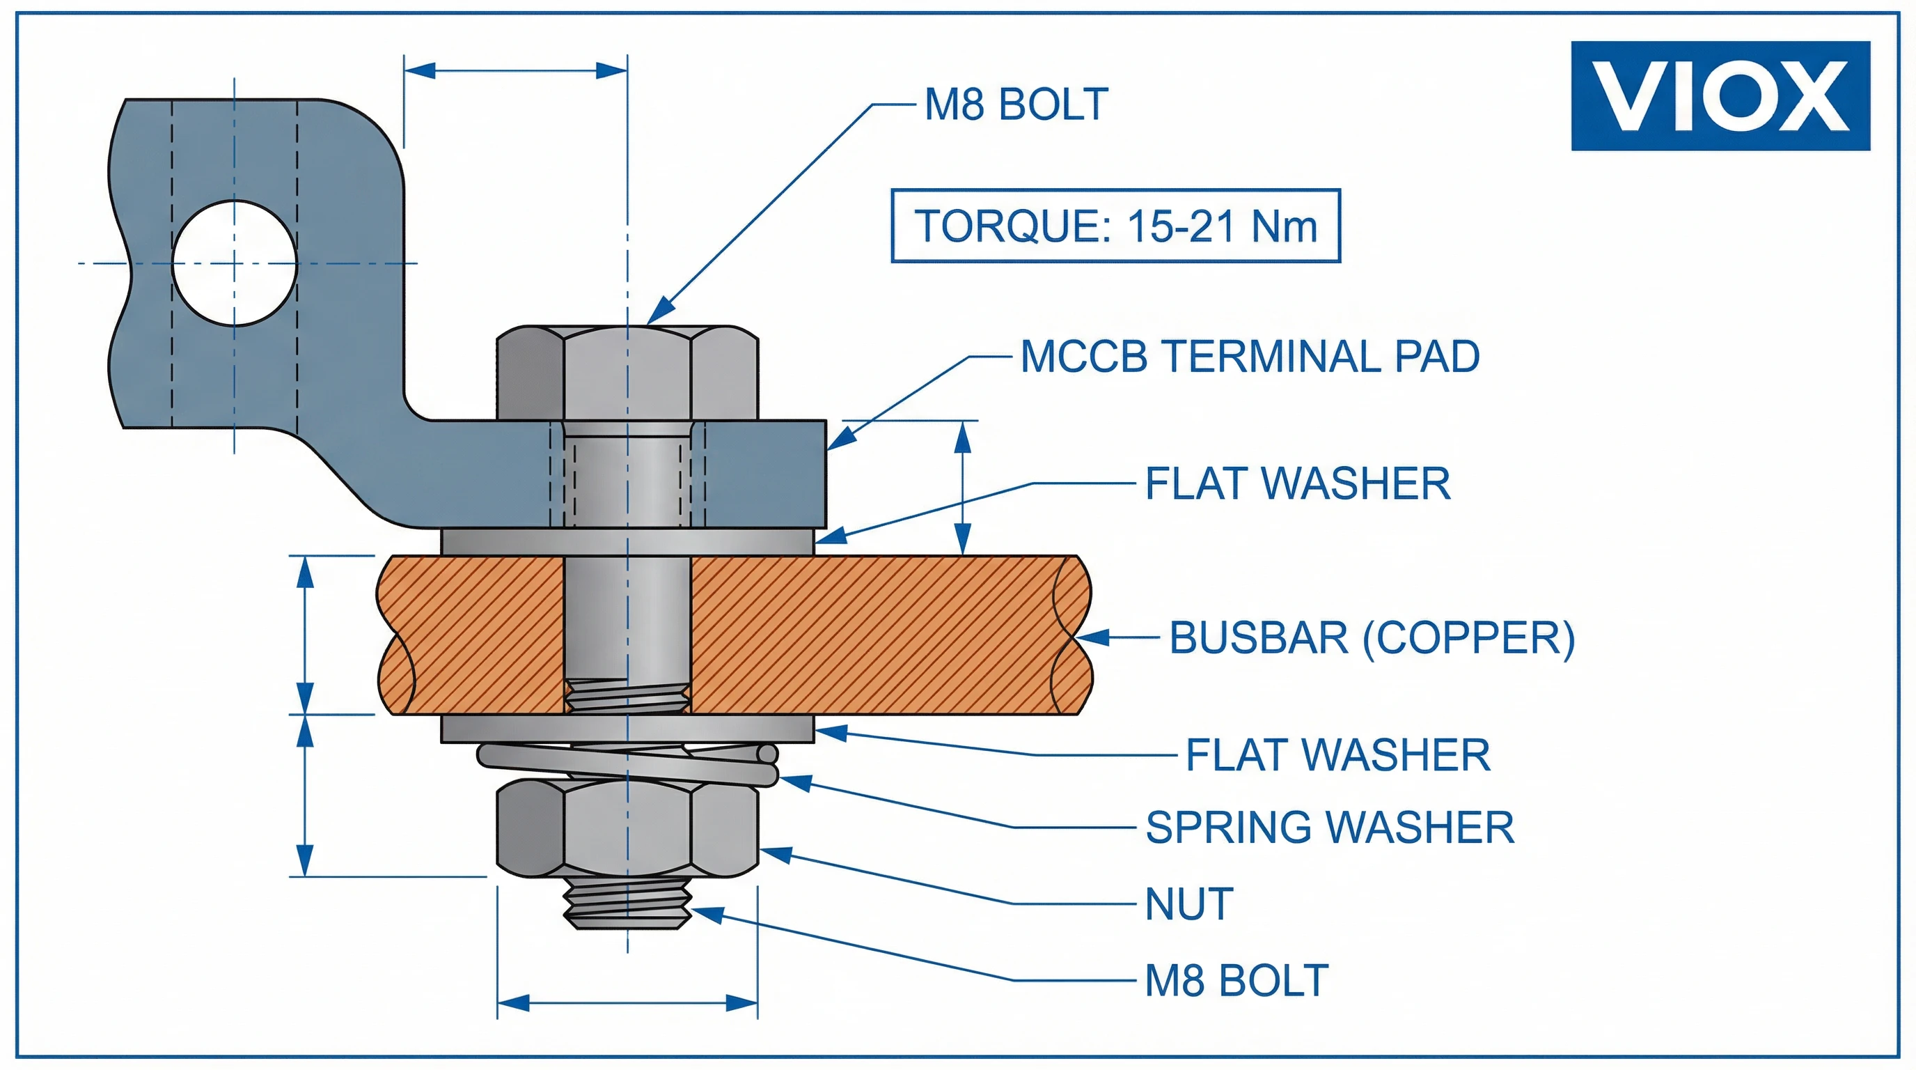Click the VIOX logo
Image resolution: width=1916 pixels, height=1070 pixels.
click(x=1720, y=96)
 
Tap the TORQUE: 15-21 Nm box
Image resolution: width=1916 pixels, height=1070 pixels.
click(x=1115, y=226)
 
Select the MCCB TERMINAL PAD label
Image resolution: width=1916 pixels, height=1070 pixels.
click(x=1250, y=357)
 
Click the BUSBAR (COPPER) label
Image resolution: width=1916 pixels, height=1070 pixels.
click(x=1372, y=637)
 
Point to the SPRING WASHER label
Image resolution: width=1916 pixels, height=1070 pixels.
click(x=1329, y=827)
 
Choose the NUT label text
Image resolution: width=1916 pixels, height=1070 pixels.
click(x=1188, y=904)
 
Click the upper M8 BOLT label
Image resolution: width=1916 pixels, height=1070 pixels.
click(x=1016, y=104)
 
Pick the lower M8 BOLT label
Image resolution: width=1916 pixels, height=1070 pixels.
click(x=1236, y=980)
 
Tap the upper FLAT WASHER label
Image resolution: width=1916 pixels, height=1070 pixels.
click(x=1297, y=483)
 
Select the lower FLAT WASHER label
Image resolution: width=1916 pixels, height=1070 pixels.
click(x=1337, y=755)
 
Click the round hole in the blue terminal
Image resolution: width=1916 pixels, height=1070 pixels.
click(x=235, y=263)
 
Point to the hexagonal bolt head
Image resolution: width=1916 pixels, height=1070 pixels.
click(x=627, y=372)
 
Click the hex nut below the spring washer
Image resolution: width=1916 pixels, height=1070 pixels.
click(x=627, y=828)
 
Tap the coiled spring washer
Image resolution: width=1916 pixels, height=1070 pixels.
click(x=627, y=763)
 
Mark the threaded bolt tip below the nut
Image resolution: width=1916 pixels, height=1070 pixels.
click(x=627, y=903)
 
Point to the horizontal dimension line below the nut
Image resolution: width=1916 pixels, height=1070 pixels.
click(x=627, y=1002)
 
